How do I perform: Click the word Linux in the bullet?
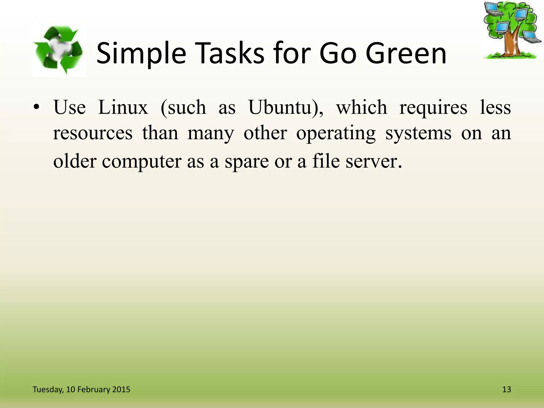pos(123,107)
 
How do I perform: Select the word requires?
pos(433,108)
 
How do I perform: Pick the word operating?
pos(336,133)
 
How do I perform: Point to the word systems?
pos(418,133)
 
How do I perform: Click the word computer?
pos(142,161)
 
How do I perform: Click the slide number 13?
pos(507,389)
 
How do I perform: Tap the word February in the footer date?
pos(93,389)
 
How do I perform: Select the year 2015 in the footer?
pos(121,389)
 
